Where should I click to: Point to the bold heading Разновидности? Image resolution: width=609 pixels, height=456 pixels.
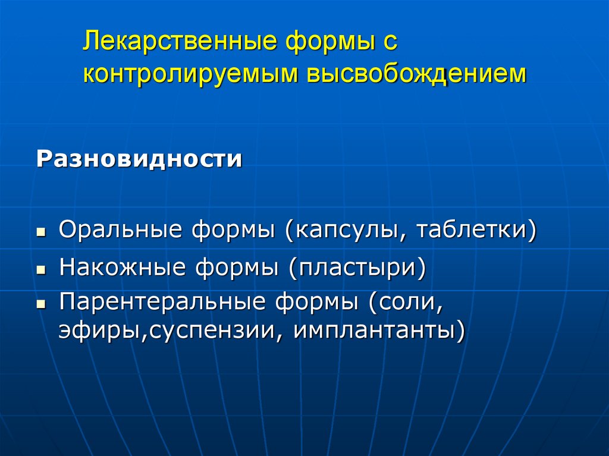(140, 159)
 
